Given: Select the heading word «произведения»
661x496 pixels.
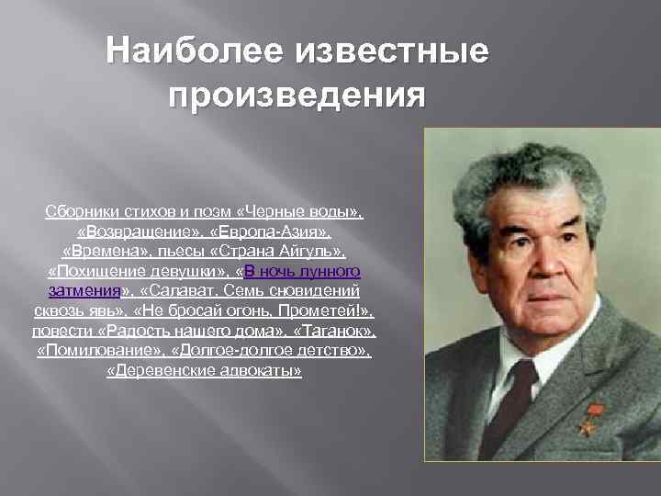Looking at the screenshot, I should pos(297,95).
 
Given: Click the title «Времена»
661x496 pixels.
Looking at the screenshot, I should pos(104,252).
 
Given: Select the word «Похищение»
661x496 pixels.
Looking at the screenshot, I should pos(93,272).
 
